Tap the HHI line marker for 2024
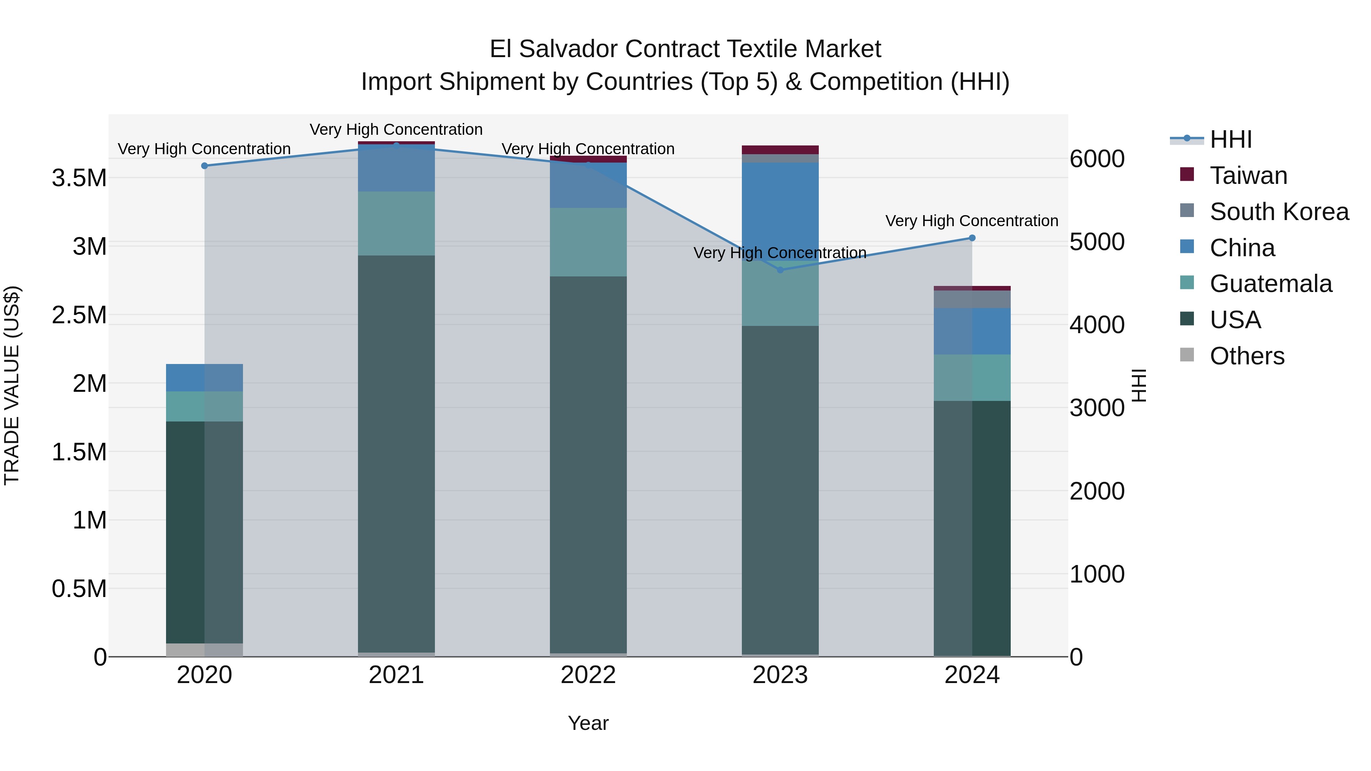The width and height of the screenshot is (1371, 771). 972,238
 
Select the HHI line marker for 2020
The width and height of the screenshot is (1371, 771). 205,166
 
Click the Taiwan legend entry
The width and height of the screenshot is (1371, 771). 1248,176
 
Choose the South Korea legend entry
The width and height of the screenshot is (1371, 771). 1279,212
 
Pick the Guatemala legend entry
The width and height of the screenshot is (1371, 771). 1270,284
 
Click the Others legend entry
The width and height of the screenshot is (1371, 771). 1246,356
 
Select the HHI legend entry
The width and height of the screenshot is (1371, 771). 1230,139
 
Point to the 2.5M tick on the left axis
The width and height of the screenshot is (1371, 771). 79,315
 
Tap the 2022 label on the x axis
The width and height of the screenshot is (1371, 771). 588,675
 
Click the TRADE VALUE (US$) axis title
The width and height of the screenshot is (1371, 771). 12,385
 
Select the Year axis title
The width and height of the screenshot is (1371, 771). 588,723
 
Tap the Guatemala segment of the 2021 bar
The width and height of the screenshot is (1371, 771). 396,223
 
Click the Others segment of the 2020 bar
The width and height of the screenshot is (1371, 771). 205,650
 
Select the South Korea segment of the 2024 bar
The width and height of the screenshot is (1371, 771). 972,299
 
